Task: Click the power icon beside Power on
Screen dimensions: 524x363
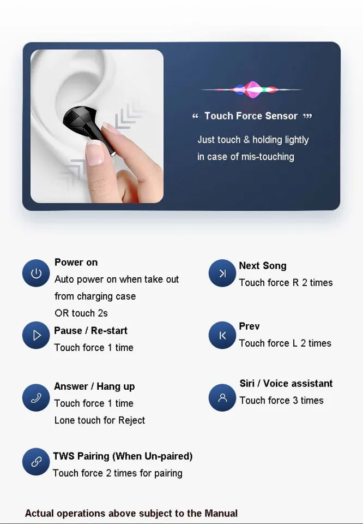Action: click(x=36, y=273)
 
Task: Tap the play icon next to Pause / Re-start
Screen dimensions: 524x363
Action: click(x=36, y=335)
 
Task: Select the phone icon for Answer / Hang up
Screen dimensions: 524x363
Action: click(x=36, y=398)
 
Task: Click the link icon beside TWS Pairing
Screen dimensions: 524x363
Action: click(x=36, y=462)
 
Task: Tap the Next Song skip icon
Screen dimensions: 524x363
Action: click(x=222, y=273)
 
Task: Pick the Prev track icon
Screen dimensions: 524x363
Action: click(x=222, y=335)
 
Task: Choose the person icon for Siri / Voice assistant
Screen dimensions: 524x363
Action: click(x=222, y=398)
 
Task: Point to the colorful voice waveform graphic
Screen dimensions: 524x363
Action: click(x=252, y=89)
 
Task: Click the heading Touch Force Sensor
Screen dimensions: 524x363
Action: click(x=251, y=116)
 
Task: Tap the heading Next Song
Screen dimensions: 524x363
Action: click(x=262, y=266)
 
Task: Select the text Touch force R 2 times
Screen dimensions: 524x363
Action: click(x=286, y=283)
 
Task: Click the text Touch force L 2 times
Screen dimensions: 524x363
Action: click(x=285, y=343)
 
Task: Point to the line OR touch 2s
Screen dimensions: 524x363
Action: click(x=81, y=313)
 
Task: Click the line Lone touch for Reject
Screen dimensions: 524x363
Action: click(x=100, y=420)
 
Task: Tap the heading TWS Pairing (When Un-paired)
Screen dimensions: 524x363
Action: click(x=123, y=456)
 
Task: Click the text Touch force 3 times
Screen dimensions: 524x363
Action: click(x=281, y=401)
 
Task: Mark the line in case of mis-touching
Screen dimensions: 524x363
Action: click(x=245, y=157)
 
